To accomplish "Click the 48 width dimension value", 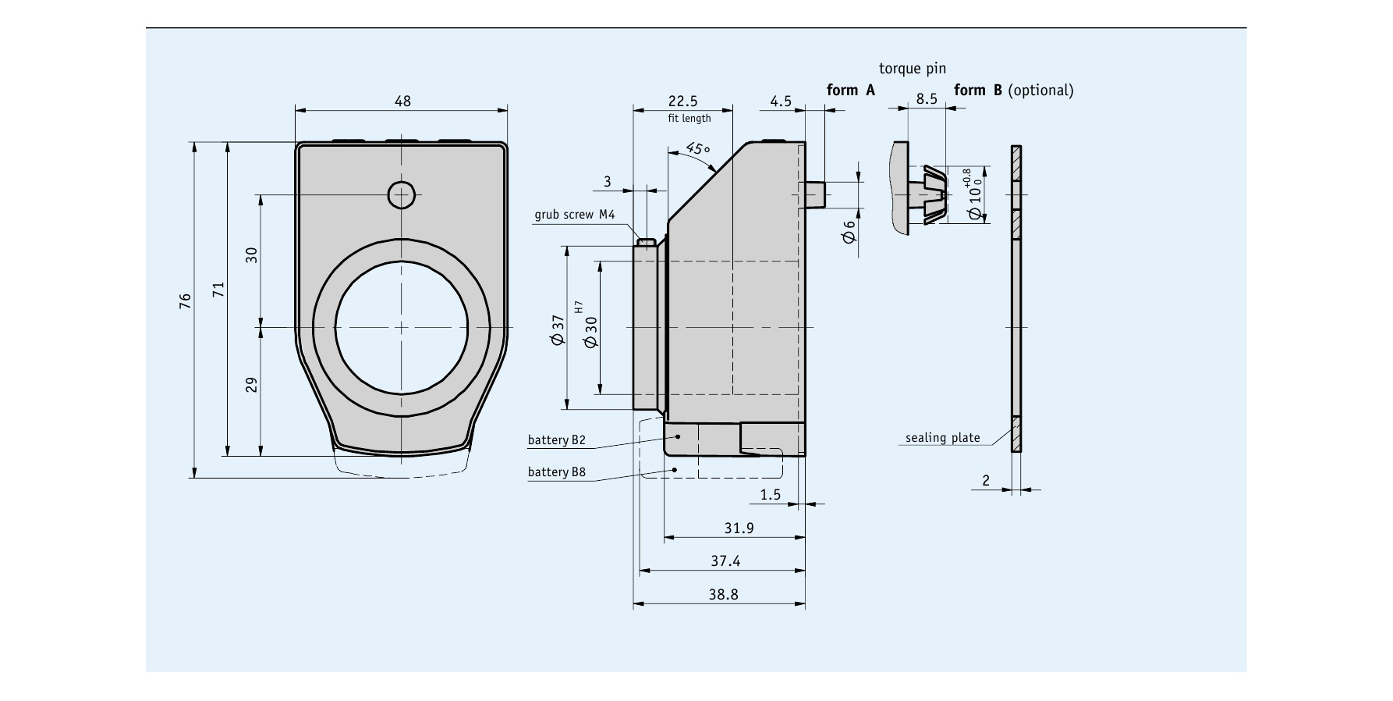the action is [402, 101].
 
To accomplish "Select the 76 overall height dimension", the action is [185, 301].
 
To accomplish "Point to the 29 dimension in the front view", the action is [251, 385].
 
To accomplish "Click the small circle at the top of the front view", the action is [402, 194].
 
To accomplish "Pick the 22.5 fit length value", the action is [683, 101].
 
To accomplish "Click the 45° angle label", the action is [698, 149].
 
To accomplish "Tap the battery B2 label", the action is [556, 440].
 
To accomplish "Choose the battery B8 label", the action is [556, 472].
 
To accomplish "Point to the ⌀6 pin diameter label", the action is [849, 232].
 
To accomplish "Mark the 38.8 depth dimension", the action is [723, 594].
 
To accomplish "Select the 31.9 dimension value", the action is [739, 528].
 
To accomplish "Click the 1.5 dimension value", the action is [770, 494].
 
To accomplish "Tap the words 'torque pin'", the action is [912, 69].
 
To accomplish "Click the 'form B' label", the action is [978, 91].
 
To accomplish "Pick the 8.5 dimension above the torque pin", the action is [927, 99].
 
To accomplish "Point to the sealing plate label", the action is [942, 438].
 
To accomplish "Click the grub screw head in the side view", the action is [645, 242].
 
